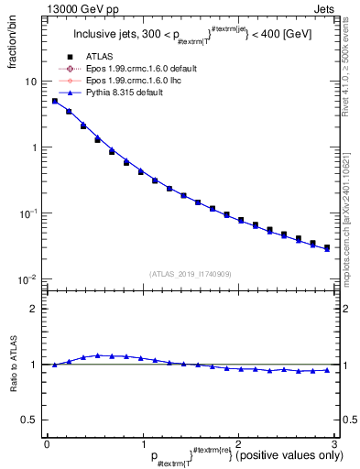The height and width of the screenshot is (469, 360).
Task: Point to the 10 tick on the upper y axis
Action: click(30, 82)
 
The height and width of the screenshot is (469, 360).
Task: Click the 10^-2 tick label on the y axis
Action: click(27, 279)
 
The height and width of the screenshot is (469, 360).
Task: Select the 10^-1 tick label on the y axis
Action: click(27, 213)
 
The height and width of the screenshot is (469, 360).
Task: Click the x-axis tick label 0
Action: click(47, 443)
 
